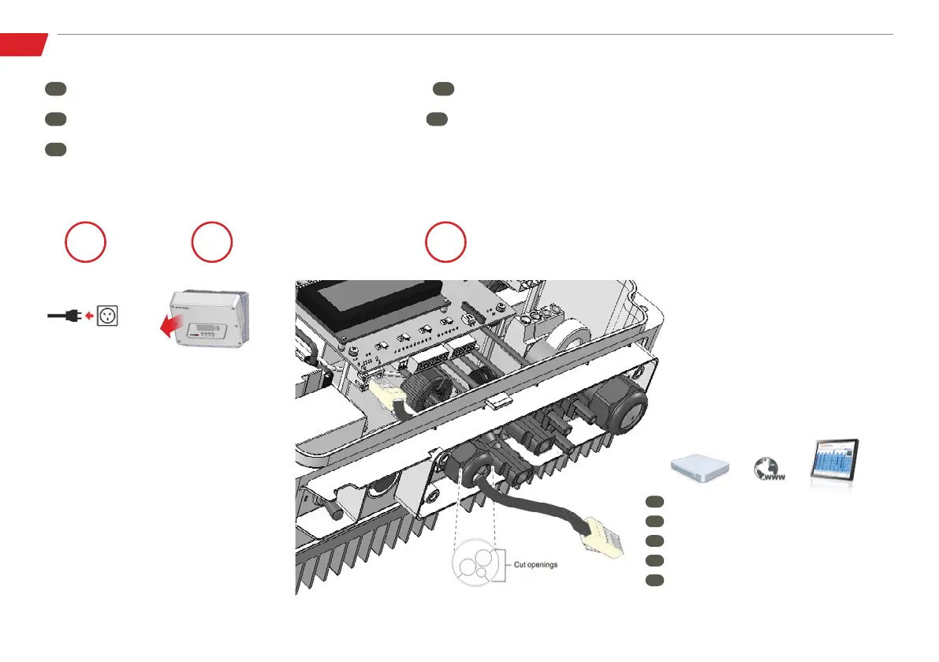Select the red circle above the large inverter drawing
pos(445,243)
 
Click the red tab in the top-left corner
pos(23,44)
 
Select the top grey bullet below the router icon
pos(654,501)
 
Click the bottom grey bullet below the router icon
pos(654,580)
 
